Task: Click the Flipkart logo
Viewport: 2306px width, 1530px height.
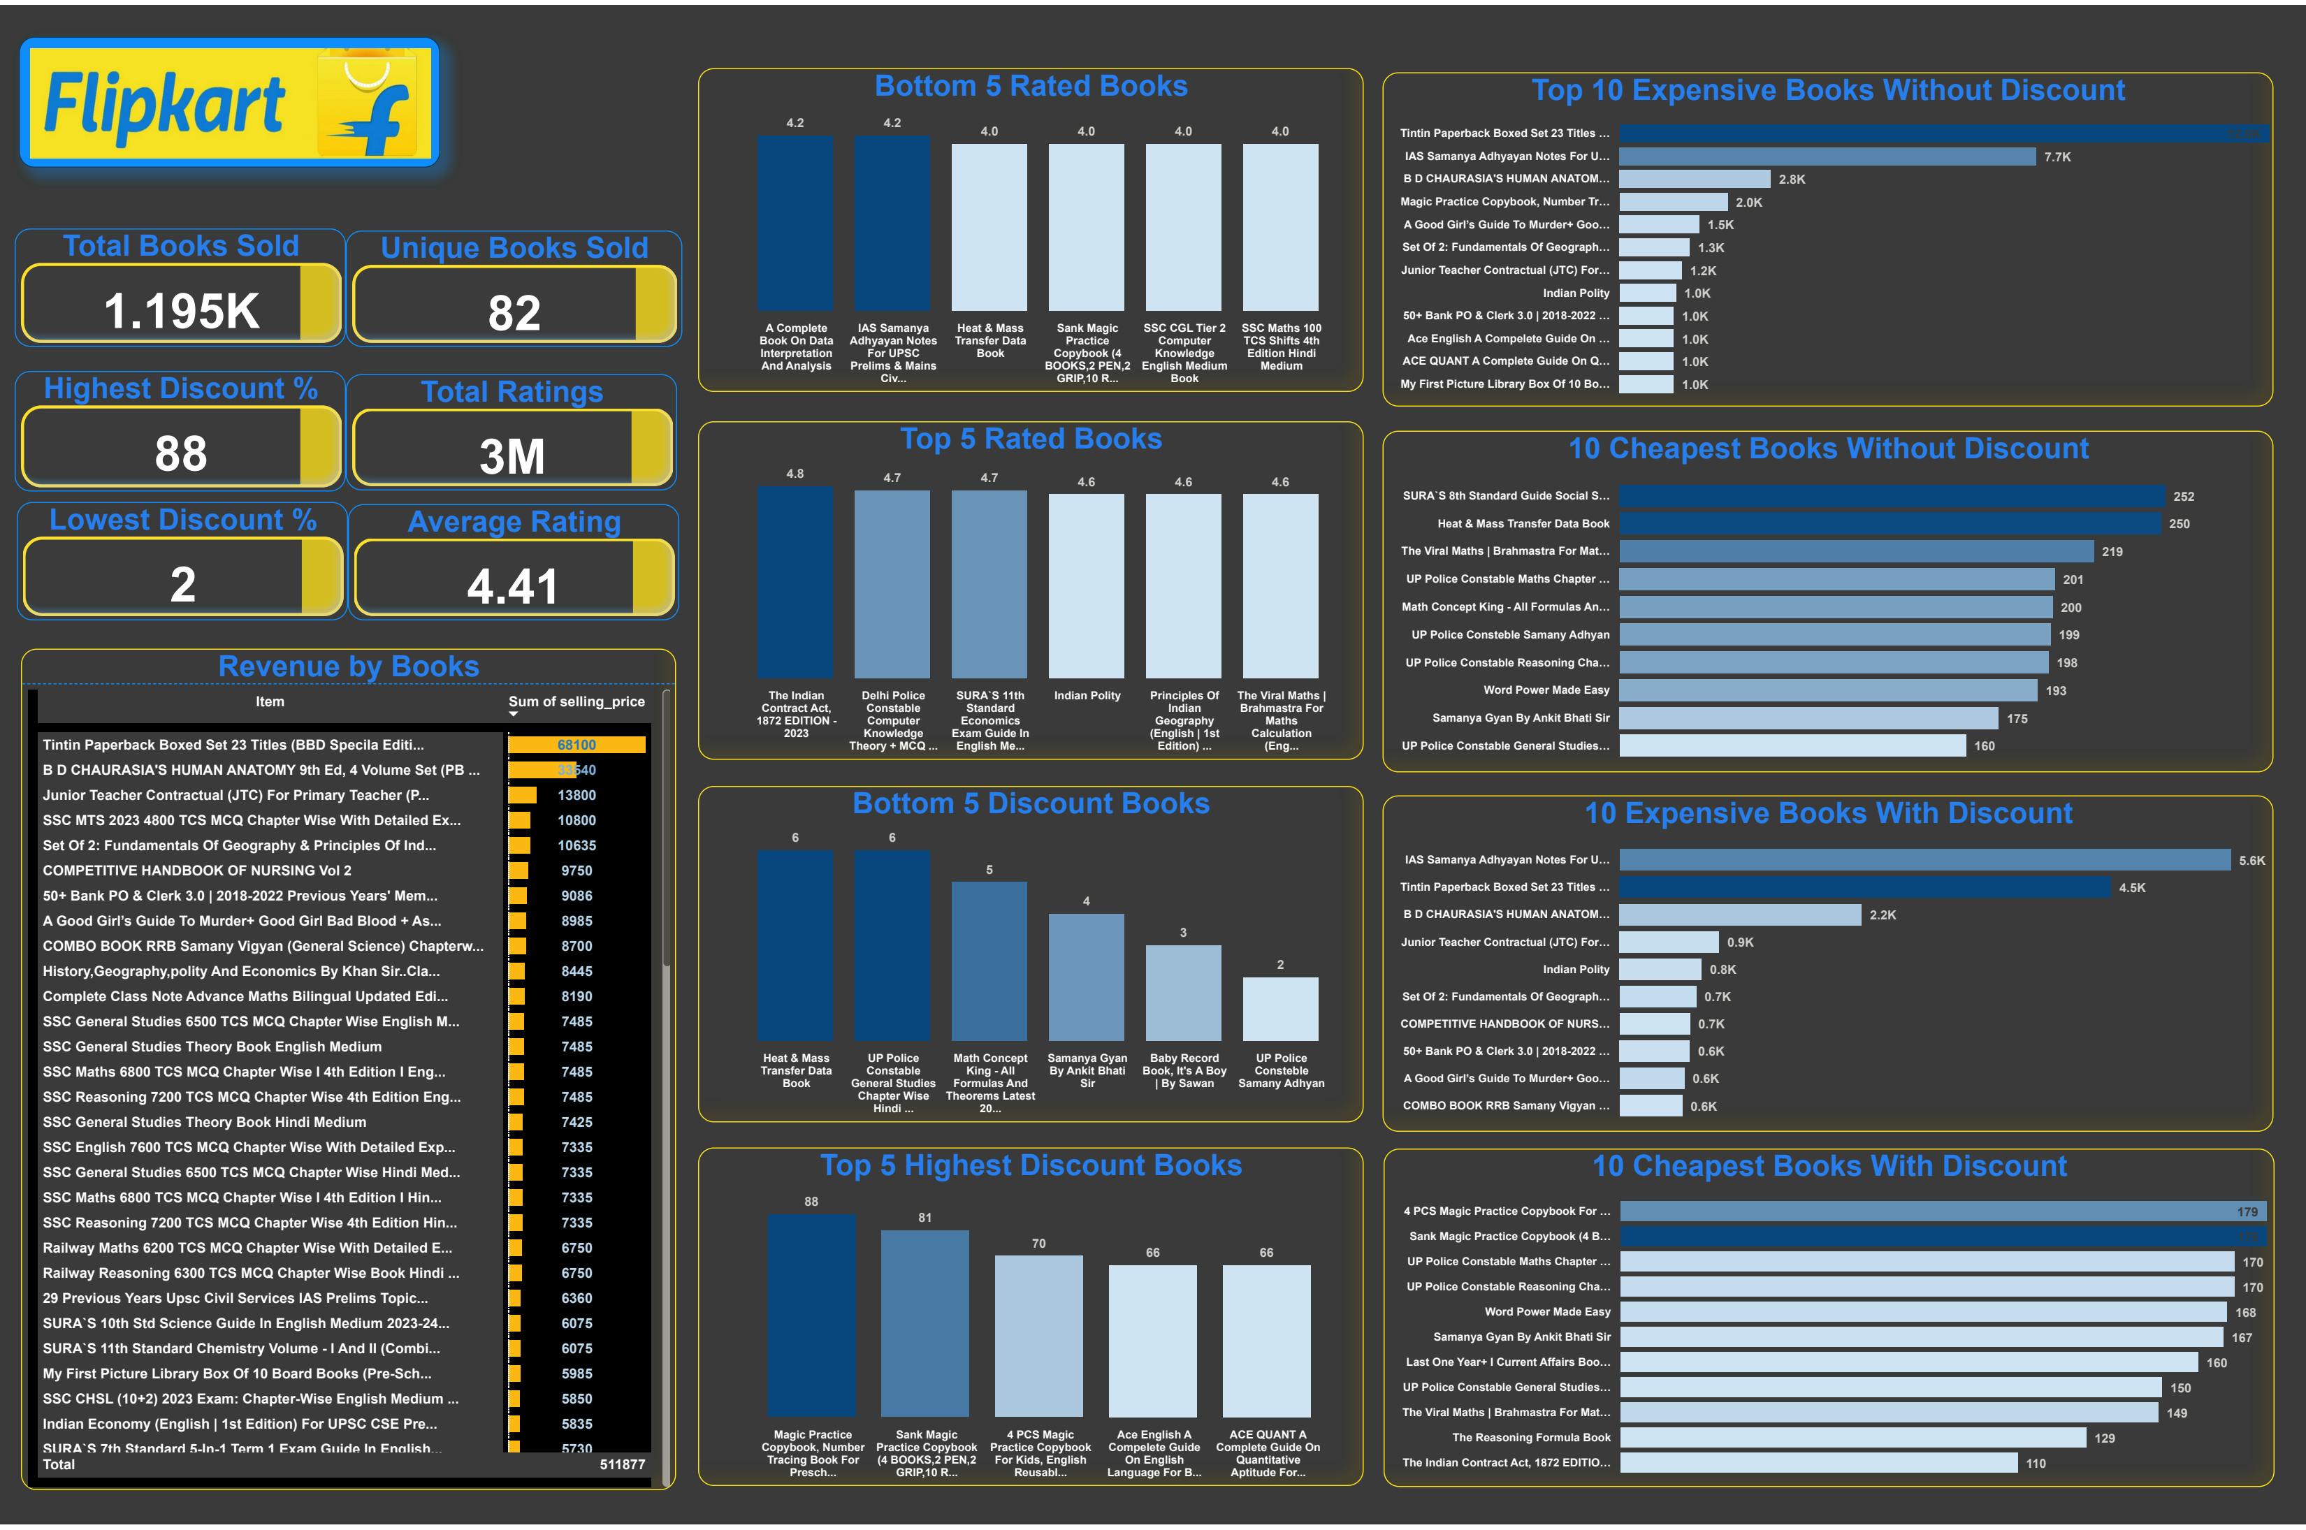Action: point(229,103)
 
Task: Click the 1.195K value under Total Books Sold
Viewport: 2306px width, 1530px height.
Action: point(182,312)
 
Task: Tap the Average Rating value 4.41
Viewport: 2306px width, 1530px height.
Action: point(512,586)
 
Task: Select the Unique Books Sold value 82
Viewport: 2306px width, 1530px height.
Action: point(514,313)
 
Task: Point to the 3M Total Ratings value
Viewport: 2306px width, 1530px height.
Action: point(512,456)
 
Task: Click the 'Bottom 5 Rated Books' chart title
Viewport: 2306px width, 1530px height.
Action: point(1031,86)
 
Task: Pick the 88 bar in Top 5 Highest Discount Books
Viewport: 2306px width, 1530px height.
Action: point(811,1313)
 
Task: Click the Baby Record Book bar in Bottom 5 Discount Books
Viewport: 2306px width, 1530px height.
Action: point(1183,992)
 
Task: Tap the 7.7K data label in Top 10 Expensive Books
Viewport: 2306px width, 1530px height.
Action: point(2057,157)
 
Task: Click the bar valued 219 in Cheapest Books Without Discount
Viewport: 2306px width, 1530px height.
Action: point(1855,551)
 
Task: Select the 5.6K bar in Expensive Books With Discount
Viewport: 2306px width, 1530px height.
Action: point(1924,859)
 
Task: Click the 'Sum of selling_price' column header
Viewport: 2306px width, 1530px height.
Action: point(576,701)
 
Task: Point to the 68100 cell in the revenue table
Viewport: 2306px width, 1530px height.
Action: point(576,745)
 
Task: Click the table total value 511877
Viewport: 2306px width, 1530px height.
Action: point(622,1464)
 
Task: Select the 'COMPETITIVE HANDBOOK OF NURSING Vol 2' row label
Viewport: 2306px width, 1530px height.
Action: point(197,870)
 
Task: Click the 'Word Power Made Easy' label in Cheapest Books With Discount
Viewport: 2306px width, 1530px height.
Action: point(1546,1313)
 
